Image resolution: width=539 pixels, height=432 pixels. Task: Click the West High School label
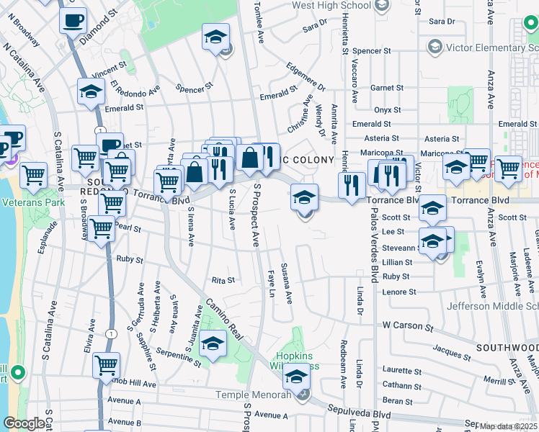click(x=331, y=6)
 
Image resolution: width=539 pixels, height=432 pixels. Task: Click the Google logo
click(x=24, y=423)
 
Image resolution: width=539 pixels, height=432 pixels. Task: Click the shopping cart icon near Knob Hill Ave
click(x=106, y=364)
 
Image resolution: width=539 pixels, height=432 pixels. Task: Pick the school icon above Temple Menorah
click(x=295, y=374)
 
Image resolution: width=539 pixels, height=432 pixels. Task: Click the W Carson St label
click(x=407, y=326)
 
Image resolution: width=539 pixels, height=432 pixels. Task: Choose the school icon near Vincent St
click(x=92, y=91)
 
